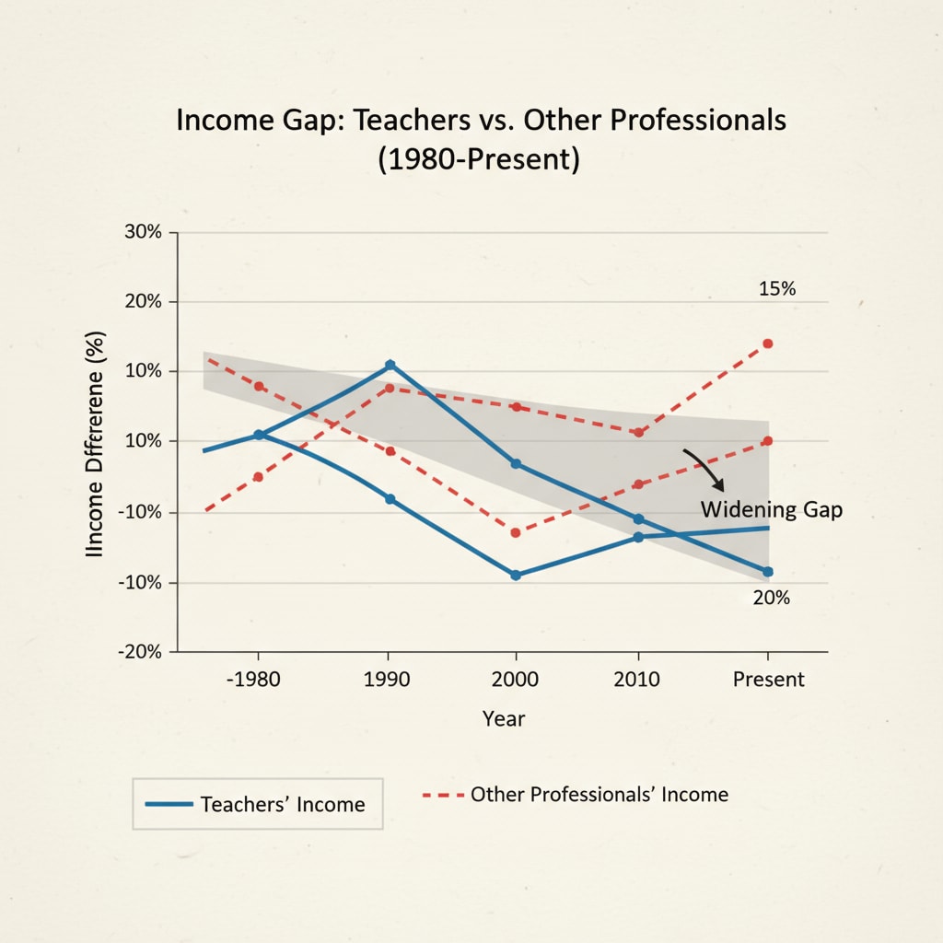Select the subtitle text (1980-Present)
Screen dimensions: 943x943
pos(478,158)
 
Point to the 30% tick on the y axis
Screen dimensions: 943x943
pos(142,232)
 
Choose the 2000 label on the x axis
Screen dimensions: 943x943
pos(516,680)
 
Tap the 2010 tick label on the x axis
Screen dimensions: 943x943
pos(638,680)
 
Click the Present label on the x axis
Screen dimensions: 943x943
pos(768,680)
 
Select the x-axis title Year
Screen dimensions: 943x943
pos(504,718)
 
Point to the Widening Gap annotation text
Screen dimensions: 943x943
pos(771,509)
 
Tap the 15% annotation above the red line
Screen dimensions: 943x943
pos(776,289)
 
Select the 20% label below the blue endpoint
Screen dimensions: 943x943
pos(771,598)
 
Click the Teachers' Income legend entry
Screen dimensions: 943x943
pos(257,804)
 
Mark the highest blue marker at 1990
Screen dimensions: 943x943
pos(390,365)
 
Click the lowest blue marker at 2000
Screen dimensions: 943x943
pos(516,575)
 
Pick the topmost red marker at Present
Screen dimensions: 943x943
pos(768,343)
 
